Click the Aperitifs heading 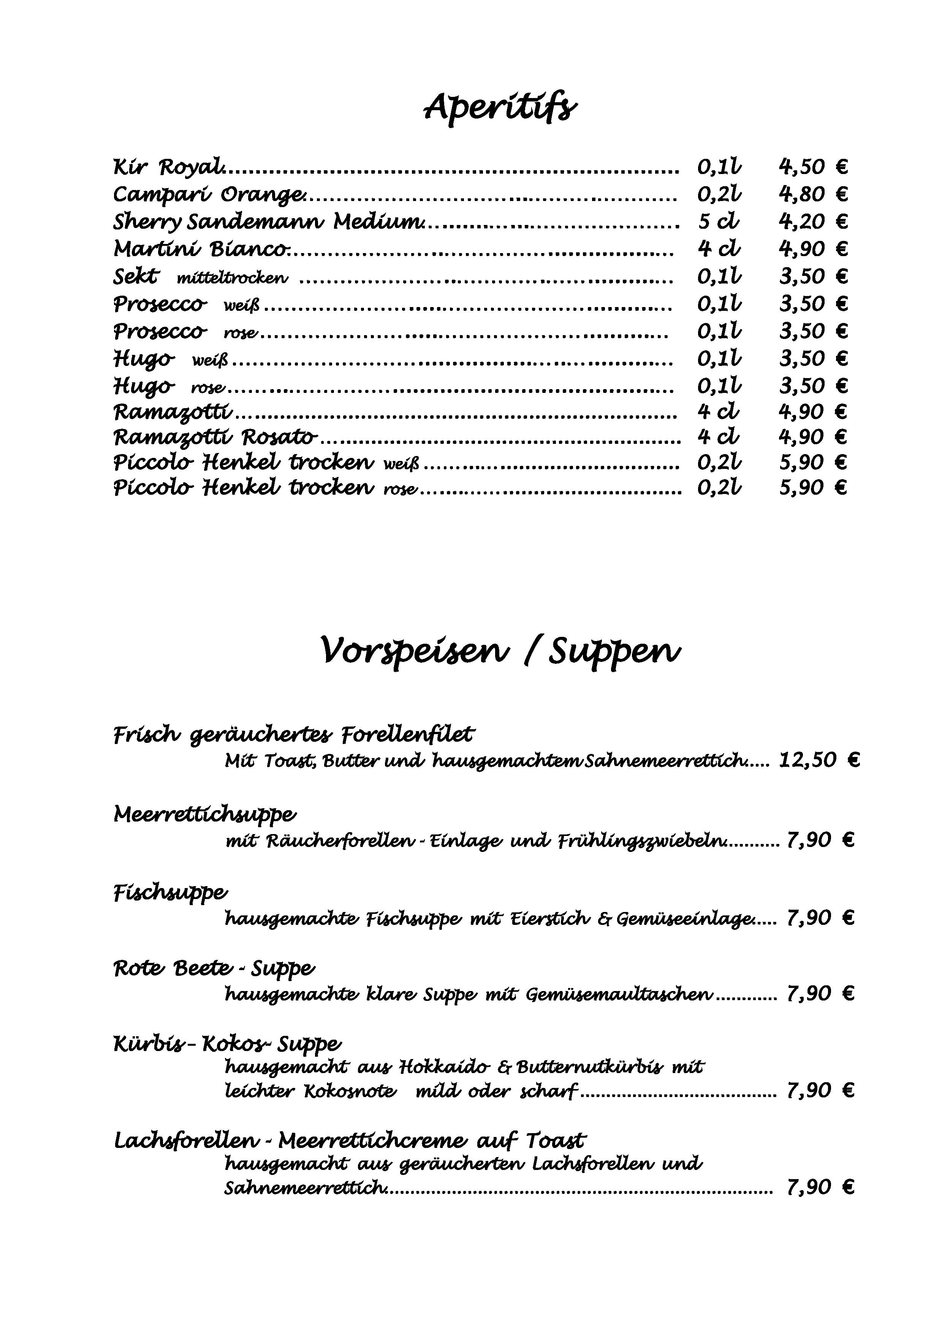click(x=500, y=108)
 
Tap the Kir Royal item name click(x=168, y=168)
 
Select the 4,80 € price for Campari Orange click(x=812, y=194)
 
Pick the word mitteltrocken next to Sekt click(x=232, y=279)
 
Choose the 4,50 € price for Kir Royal click(x=812, y=167)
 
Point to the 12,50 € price click(x=819, y=760)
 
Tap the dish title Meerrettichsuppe click(x=205, y=815)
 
